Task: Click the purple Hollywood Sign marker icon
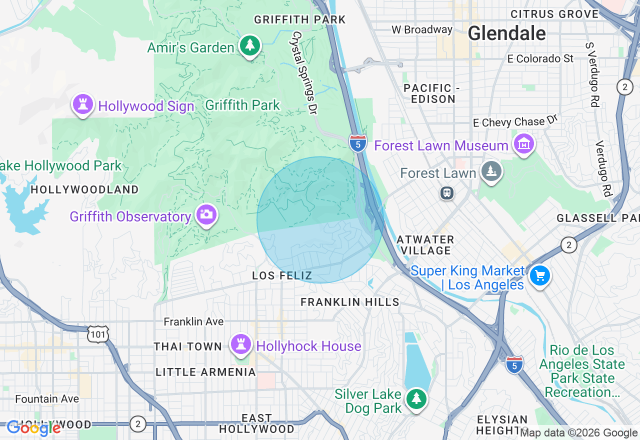point(83,104)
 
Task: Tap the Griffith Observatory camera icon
point(206,214)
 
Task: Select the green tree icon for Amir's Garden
point(249,46)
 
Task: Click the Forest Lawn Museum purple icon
point(523,144)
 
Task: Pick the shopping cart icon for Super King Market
point(539,275)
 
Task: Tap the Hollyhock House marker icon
point(241,344)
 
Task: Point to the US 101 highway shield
point(98,334)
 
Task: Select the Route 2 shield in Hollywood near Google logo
point(137,424)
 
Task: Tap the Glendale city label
point(506,33)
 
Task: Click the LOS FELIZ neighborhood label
point(282,275)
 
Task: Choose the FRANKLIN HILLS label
point(349,302)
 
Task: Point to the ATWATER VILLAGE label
point(425,245)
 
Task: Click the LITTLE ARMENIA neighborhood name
point(205,372)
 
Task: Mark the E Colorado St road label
point(540,58)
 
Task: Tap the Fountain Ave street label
point(47,398)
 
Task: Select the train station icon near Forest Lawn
point(447,192)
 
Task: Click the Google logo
point(33,428)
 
